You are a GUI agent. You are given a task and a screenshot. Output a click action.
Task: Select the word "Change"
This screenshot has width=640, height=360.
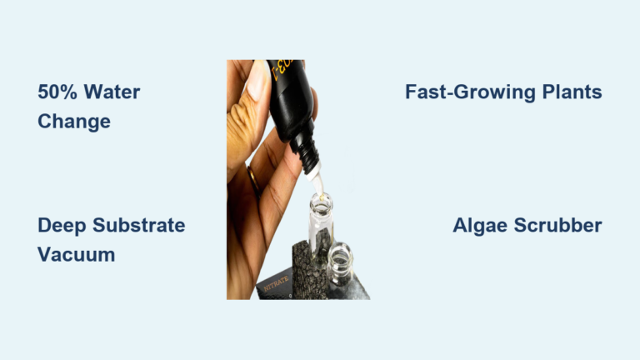click(74, 122)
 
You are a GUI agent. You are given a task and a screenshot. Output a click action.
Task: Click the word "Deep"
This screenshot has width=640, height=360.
click(60, 225)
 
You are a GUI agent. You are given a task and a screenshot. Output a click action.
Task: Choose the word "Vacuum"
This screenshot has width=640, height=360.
click(76, 254)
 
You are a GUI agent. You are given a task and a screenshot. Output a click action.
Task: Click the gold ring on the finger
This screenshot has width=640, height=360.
click(252, 180)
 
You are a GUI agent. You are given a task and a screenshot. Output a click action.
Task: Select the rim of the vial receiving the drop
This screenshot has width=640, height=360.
click(321, 199)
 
